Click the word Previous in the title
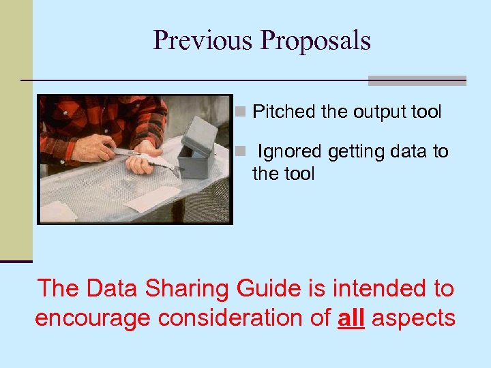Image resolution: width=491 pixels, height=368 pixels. point(203,40)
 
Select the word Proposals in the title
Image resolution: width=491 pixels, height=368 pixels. point(315,40)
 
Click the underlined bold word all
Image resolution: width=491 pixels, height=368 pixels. point(351,318)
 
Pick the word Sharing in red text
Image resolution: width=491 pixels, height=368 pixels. point(200,289)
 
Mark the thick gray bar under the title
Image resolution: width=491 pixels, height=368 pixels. point(417,80)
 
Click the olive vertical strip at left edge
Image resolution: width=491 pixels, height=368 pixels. point(16,129)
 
